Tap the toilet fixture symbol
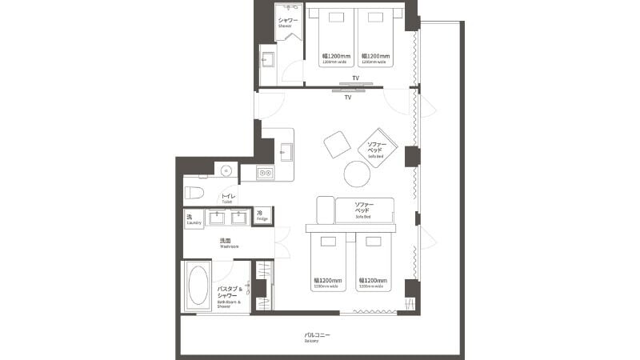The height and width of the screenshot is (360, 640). [x=192, y=192]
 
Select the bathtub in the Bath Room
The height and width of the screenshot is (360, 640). [x=198, y=286]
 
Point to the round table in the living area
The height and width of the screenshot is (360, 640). [x=357, y=174]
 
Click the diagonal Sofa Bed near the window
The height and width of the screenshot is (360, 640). [x=378, y=147]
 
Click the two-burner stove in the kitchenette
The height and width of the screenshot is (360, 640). [x=264, y=172]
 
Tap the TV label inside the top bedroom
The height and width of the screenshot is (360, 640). [x=354, y=79]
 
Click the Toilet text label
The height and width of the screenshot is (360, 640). [x=227, y=198]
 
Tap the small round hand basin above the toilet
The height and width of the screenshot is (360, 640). [x=226, y=170]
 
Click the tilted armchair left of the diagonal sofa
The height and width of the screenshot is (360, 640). [x=337, y=145]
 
